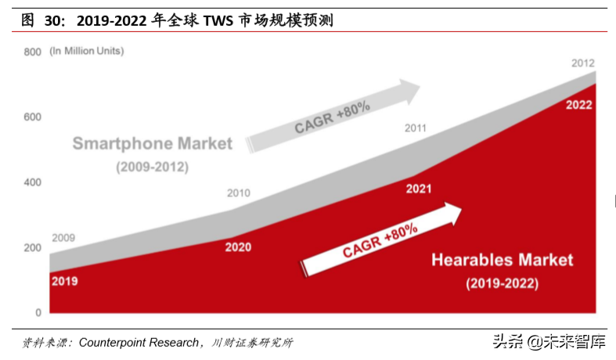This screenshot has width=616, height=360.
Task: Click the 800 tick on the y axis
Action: coord(32,52)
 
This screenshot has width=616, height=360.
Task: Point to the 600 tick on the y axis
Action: coord(32,117)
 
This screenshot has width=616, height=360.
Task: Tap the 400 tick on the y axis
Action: coord(32,182)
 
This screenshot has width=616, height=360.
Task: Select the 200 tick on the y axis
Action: coord(32,248)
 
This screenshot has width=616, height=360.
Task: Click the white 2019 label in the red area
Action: coord(64,281)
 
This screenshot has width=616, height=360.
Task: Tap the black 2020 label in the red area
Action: coord(238,247)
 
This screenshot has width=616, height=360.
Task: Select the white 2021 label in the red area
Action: coord(419,189)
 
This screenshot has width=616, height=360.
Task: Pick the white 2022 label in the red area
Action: coord(578,105)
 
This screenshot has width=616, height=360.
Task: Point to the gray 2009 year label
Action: coord(64,238)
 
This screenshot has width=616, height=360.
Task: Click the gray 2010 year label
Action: coord(238,193)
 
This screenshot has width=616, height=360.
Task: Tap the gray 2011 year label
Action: coord(415,128)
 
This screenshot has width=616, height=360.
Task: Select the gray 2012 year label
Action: coord(583,63)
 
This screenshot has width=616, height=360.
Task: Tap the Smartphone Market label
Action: coord(153,144)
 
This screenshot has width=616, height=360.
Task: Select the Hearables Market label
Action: coord(503,260)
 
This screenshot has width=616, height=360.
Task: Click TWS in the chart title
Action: coord(219,21)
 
